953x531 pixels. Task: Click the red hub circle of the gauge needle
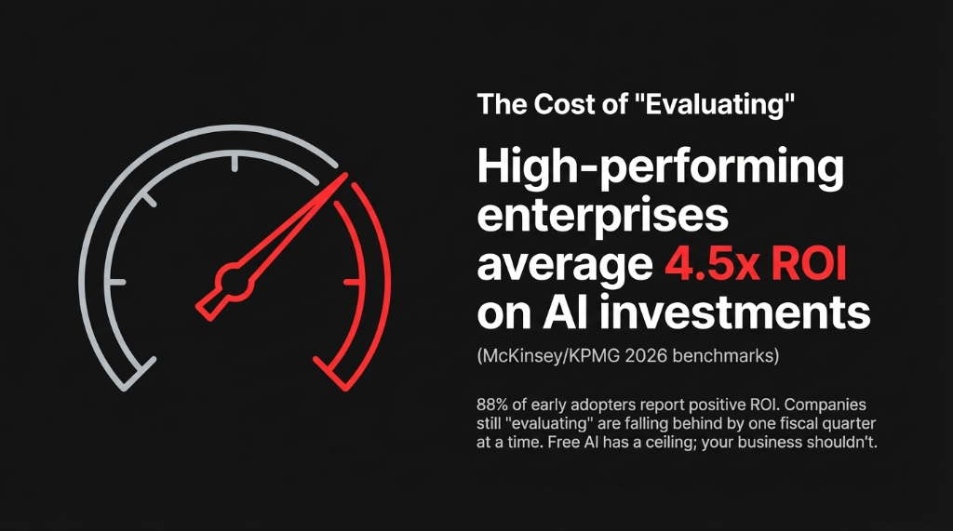tap(233, 278)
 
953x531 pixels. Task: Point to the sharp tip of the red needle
tap(345, 175)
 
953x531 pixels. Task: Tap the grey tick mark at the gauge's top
tap(235, 164)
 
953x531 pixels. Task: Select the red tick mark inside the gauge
tap(351, 281)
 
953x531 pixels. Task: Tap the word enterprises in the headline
tap(602, 217)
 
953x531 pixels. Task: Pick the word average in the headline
tap(563, 265)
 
